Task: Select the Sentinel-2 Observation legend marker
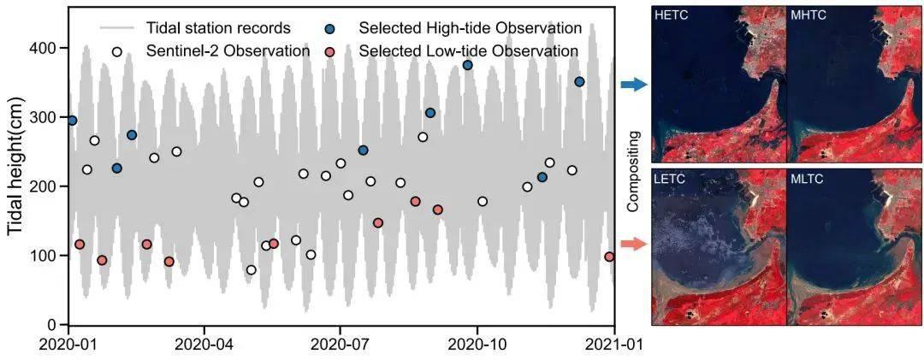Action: (x=117, y=51)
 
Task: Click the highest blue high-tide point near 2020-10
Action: (x=467, y=65)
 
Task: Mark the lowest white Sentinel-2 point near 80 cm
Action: (x=251, y=270)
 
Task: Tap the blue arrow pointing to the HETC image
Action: (x=634, y=84)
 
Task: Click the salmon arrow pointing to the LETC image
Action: (x=634, y=245)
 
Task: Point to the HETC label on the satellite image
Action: (x=672, y=15)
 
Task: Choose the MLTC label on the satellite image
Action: (x=808, y=179)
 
